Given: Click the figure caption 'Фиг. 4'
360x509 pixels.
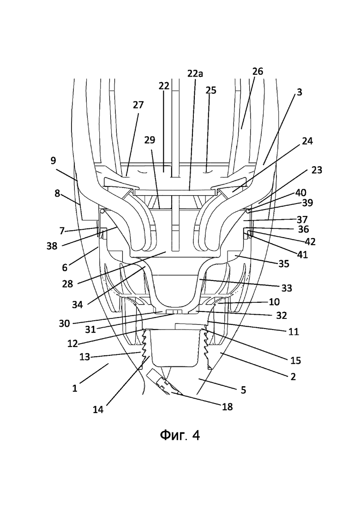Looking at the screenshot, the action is click(x=180, y=435).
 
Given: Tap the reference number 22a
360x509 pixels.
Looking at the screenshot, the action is click(x=195, y=74).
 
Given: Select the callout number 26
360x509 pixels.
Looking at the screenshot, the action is click(x=258, y=72).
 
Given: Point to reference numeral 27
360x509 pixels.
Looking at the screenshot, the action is click(x=138, y=105).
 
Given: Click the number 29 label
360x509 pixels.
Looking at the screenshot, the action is click(x=150, y=140).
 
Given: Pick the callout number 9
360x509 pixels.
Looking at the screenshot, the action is click(x=53, y=161).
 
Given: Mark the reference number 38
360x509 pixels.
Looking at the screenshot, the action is click(x=52, y=246).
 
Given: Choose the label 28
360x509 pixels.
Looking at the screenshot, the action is click(x=67, y=284).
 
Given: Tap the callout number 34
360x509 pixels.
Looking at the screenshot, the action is click(x=78, y=305).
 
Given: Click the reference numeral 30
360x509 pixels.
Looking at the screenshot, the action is click(x=64, y=323).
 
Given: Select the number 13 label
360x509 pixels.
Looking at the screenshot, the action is click(x=85, y=357).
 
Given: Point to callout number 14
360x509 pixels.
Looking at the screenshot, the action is click(x=98, y=410).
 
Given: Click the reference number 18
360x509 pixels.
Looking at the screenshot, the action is click(x=228, y=407).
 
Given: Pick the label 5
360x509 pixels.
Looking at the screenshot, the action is click(x=244, y=389).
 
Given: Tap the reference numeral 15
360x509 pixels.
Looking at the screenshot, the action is click(x=296, y=360).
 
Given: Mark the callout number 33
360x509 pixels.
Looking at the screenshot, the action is click(x=287, y=288).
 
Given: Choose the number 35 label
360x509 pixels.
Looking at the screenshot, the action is click(x=284, y=263).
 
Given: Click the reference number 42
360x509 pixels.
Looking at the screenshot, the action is click(x=311, y=242).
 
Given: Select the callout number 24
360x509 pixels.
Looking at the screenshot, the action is click(x=307, y=141).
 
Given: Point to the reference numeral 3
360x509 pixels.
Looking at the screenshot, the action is click(x=299, y=92).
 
